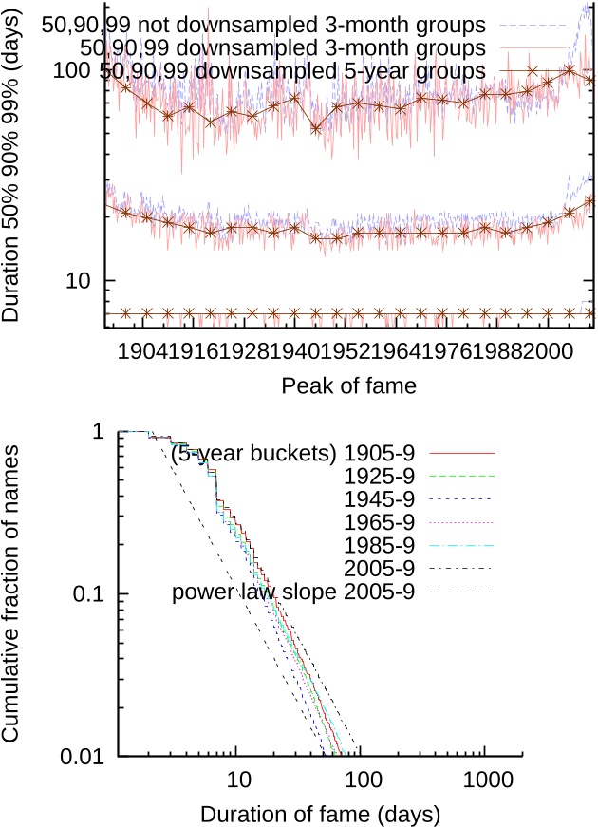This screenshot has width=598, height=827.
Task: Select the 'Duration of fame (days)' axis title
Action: click(x=320, y=813)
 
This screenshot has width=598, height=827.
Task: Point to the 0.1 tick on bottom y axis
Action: click(x=92, y=594)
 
